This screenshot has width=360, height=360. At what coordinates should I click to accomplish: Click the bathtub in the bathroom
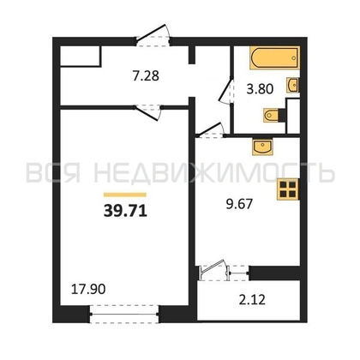(274, 57)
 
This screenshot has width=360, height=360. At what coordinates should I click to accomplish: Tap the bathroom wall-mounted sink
(293, 85)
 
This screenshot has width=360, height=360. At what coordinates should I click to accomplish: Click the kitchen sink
(262, 147)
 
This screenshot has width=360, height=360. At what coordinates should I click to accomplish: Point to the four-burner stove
(288, 189)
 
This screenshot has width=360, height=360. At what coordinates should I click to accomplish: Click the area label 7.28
(146, 76)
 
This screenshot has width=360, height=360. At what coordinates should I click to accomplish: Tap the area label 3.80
(260, 89)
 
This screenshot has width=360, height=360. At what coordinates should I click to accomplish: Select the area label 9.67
(239, 204)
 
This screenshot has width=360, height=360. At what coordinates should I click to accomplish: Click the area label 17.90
(88, 289)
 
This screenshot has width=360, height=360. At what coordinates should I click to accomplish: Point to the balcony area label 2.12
(252, 300)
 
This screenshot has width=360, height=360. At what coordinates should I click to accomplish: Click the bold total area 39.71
(125, 212)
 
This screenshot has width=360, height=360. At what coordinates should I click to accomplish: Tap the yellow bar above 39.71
(125, 195)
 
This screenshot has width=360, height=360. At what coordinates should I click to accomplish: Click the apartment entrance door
(153, 36)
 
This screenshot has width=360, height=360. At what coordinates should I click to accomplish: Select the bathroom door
(226, 92)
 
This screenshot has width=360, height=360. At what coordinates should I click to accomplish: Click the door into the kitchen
(211, 130)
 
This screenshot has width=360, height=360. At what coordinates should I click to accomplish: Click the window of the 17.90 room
(124, 315)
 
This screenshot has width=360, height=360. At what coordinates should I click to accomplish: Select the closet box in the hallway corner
(81, 57)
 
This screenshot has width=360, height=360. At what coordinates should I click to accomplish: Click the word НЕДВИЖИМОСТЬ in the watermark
(214, 172)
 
